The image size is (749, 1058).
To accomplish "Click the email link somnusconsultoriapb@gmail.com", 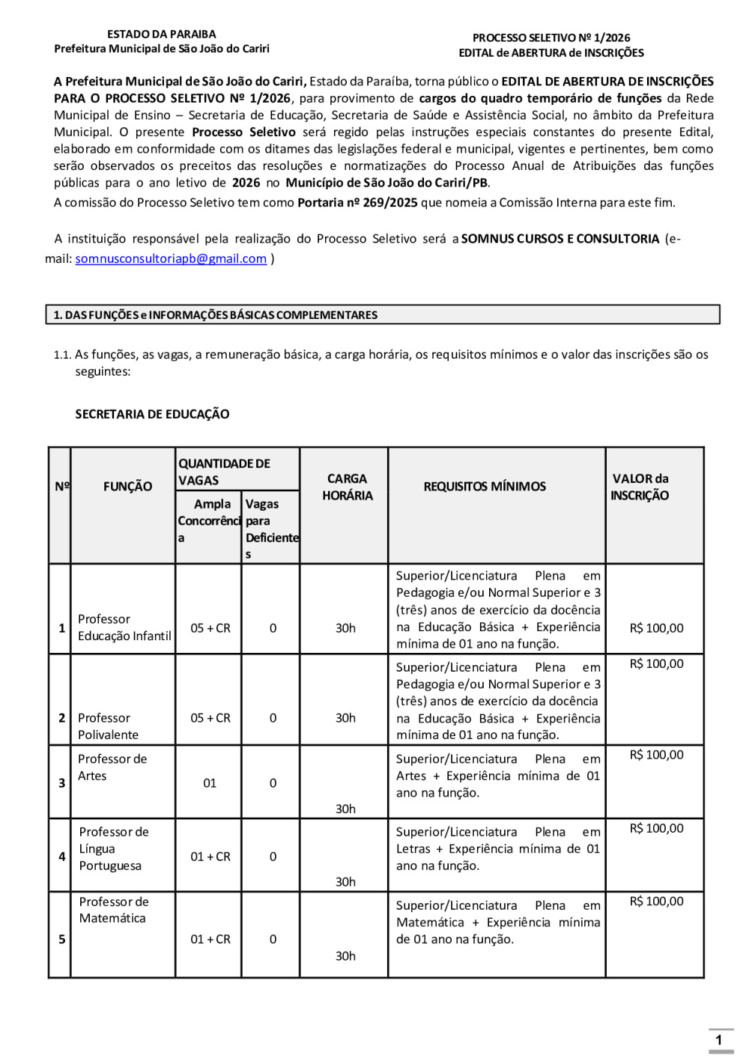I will point(171,258).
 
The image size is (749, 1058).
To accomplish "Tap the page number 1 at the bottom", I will point(719,1039).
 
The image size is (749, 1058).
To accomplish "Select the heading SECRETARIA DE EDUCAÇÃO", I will point(152,414).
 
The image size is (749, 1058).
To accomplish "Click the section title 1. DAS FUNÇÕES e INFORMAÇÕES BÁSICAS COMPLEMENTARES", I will point(216,315).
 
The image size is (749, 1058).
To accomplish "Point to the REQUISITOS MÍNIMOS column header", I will point(485,487).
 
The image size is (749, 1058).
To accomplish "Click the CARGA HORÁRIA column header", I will point(347,487).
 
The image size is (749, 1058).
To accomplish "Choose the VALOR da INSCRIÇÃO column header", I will point(640,487).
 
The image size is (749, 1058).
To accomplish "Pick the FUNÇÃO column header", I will point(127,487).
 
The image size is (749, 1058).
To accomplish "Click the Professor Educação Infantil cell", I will point(124,627).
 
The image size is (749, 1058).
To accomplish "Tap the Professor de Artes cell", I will point(112,767).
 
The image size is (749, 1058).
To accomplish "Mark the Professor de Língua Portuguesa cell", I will point(114,848).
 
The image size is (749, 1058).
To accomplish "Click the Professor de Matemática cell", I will point(114,910).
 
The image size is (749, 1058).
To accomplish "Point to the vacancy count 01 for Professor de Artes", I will point(210,783).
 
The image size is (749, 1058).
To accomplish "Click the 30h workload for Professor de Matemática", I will point(345,956).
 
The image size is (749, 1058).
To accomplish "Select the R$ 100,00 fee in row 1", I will point(656,628).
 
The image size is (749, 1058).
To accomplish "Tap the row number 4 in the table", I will point(61,857).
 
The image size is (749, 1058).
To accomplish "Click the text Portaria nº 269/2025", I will point(357,203).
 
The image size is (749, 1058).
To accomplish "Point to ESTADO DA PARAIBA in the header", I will point(161,34).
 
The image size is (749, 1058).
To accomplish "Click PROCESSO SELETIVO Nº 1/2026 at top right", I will point(551,37).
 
